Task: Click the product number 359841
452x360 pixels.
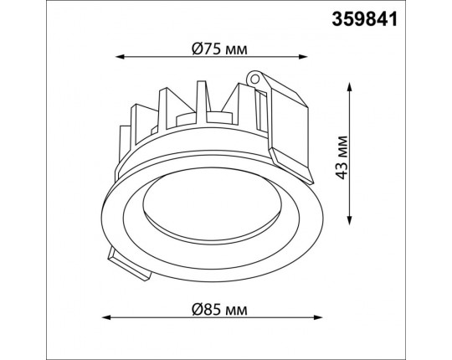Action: click(x=365, y=19)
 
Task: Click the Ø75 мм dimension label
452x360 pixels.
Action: click(x=219, y=49)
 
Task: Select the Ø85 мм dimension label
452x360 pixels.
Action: click(x=219, y=310)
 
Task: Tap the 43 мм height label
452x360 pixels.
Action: click(x=342, y=157)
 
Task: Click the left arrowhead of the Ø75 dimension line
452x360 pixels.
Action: click(x=120, y=57)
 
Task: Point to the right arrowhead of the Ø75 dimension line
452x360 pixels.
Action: click(x=303, y=57)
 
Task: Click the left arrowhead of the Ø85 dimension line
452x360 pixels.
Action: click(x=107, y=317)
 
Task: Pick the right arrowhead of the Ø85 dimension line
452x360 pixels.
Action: click(x=318, y=317)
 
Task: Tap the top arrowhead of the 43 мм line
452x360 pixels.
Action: click(x=350, y=87)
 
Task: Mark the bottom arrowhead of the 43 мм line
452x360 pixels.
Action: click(x=350, y=220)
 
